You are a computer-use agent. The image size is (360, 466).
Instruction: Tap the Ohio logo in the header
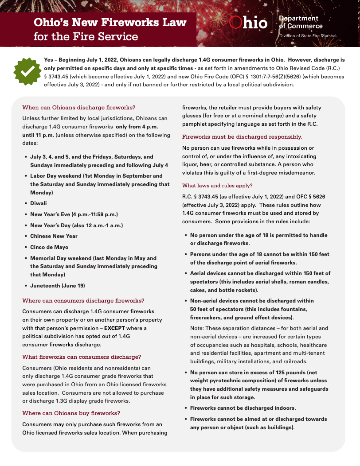(x=249, y=23)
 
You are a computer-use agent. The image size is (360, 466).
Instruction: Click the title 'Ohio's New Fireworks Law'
(x=110, y=22)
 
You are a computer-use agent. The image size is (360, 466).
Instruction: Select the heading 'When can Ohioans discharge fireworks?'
(x=78, y=107)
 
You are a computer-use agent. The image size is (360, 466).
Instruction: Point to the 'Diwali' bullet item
(x=38, y=203)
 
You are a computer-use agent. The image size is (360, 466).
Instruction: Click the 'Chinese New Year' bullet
(x=54, y=236)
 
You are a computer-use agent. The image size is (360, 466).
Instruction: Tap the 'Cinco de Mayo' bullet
(x=49, y=247)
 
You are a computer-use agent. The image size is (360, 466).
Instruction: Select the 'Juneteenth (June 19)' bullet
(x=57, y=285)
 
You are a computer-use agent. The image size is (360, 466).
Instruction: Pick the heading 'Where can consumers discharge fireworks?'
(x=83, y=300)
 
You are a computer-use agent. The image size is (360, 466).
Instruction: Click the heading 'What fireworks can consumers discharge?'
(x=82, y=357)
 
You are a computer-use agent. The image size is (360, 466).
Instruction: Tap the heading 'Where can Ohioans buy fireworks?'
(x=71, y=413)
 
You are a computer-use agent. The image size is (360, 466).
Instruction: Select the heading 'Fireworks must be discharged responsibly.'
(x=242, y=136)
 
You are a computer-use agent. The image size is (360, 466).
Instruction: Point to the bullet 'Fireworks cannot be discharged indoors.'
(x=243, y=408)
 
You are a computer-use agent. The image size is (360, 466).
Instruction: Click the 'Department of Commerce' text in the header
(x=300, y=22)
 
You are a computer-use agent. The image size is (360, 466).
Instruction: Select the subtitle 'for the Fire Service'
(x=86, y=36)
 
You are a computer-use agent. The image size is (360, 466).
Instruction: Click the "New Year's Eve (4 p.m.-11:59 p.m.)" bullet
(x=74, y=214)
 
